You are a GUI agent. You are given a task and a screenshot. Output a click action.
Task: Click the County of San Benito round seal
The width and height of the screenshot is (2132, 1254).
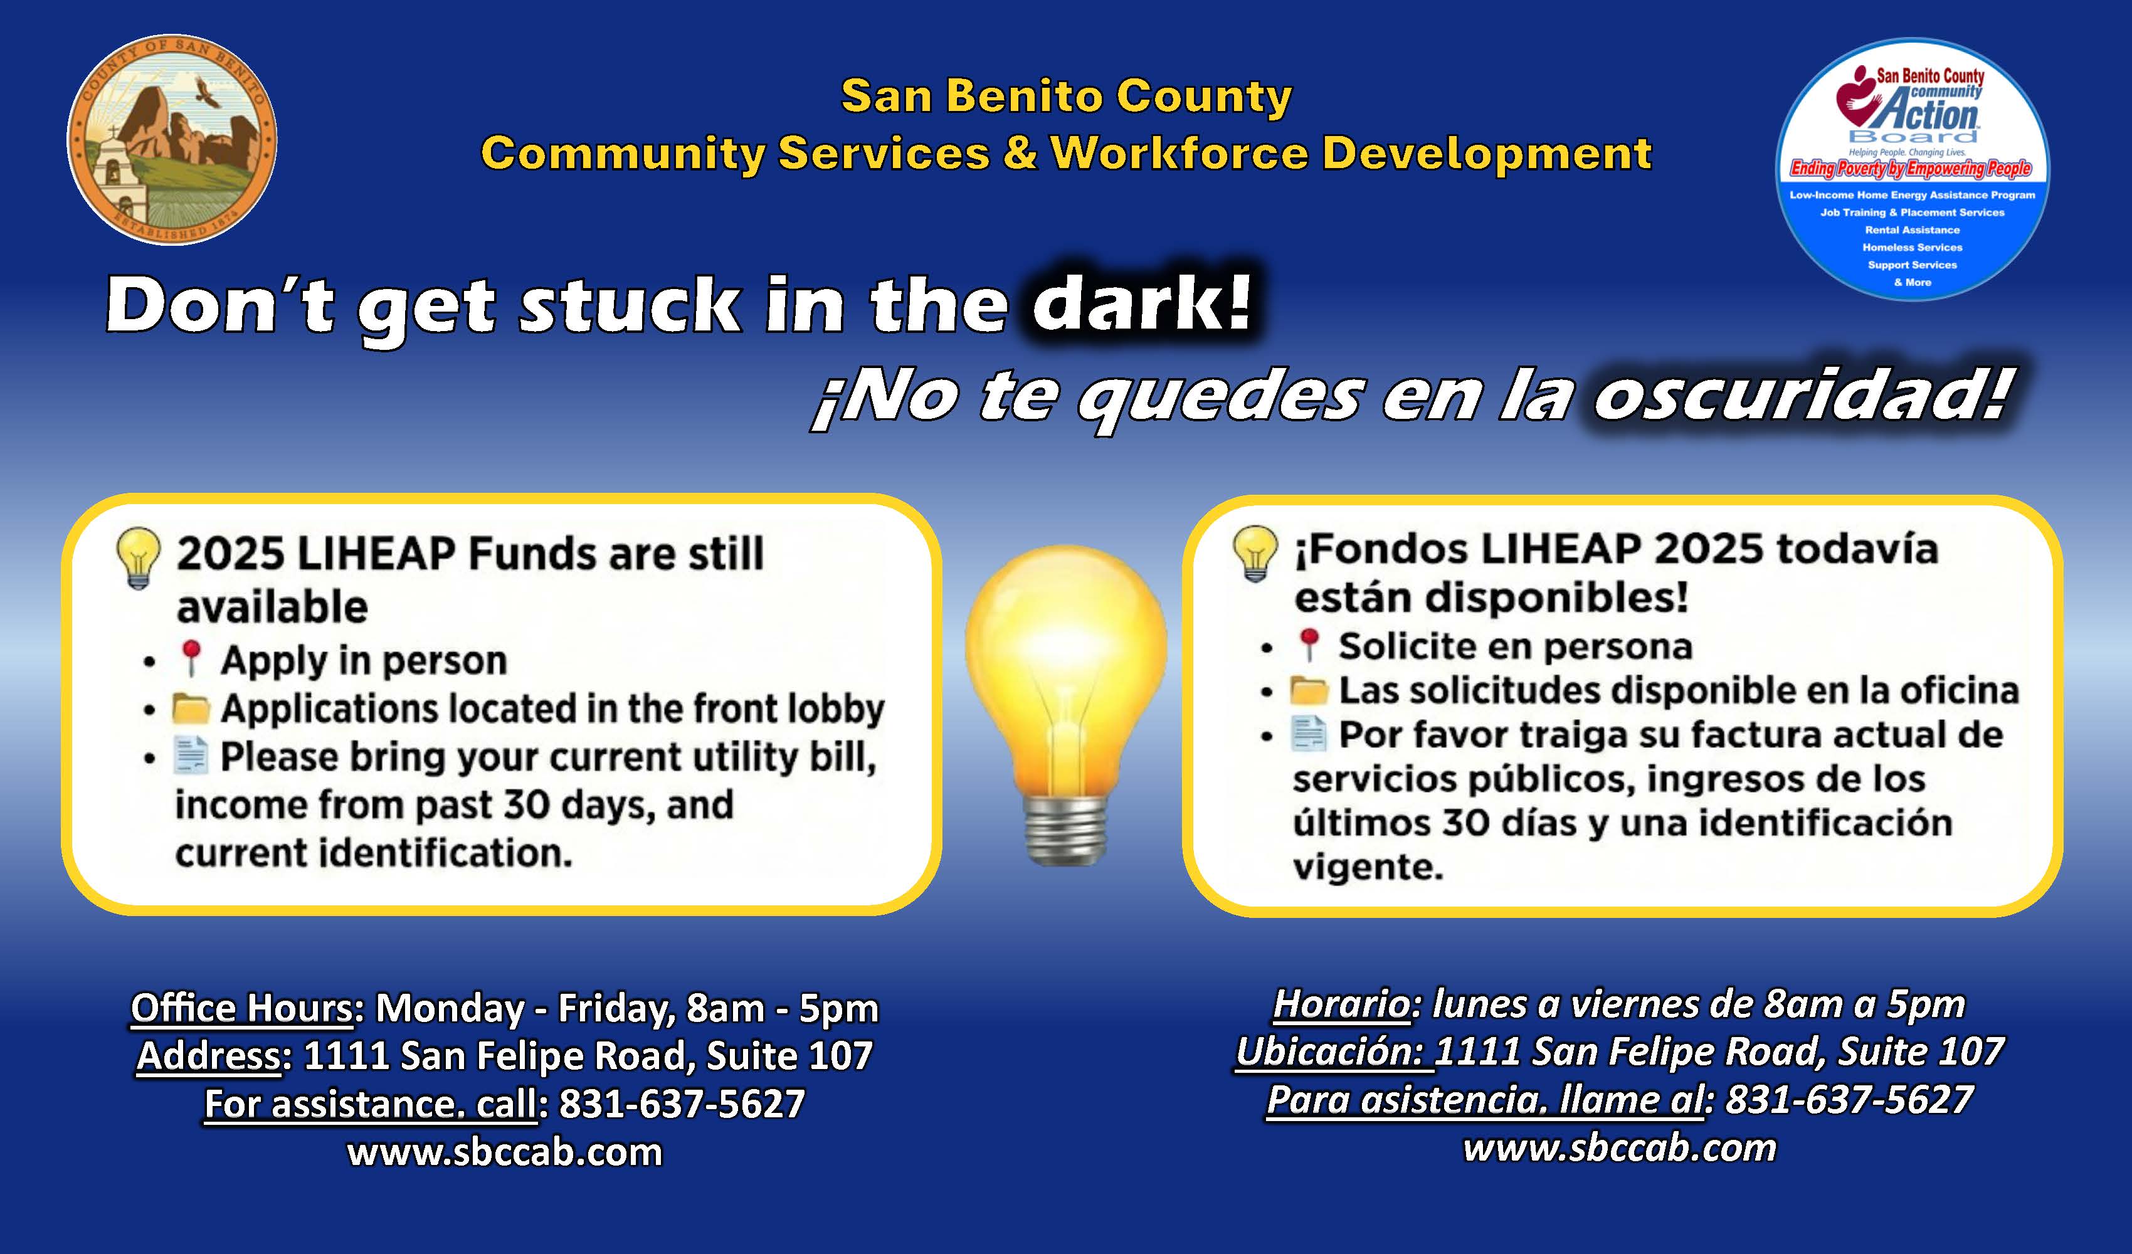click(x=172, y=140)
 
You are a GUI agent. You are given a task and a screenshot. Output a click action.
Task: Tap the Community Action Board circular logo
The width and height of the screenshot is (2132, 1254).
click(x=1912, y=169)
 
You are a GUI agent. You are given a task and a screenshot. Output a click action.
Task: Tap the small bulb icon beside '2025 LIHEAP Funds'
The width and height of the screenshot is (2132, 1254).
click(x=138, y=557)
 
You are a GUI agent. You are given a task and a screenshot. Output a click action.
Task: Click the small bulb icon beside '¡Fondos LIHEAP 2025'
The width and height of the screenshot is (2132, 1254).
click(x=1255, y=552)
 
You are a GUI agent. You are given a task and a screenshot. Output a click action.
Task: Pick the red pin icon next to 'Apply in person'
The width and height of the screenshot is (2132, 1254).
click(x=191, y=658)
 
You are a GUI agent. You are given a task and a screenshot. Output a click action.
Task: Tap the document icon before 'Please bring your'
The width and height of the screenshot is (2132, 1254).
click(x=191, y=756)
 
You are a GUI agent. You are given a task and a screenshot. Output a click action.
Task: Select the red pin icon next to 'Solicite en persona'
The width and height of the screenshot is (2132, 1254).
click(x=1309, y=645)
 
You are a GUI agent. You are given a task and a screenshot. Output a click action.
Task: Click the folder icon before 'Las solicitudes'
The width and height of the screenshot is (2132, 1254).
click(x=1309, y=690)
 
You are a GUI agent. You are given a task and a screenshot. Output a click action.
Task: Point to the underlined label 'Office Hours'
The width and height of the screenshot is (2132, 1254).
click(x=242, y=1008)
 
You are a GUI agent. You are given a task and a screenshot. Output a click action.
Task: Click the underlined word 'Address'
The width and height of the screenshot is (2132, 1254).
click(x=209, y=1055)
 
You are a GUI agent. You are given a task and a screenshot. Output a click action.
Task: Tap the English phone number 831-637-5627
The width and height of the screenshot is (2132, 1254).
click(x=682, y=1104)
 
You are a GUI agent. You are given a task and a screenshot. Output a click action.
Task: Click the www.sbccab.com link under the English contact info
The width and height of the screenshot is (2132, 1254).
click(x=505, y=1152)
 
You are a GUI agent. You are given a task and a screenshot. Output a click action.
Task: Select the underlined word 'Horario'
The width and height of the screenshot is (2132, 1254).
click(x=1342, y=1004)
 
